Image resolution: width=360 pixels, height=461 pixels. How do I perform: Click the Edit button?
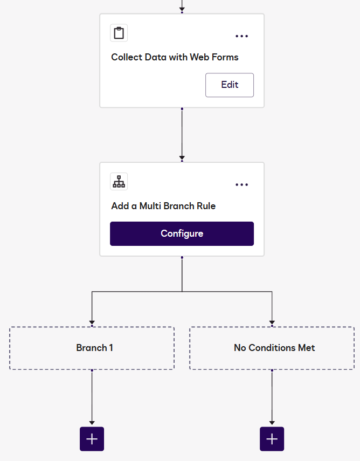230,85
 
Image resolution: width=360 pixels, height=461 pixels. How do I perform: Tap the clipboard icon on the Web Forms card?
119,33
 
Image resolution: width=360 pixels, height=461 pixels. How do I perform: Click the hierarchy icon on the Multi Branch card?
119,182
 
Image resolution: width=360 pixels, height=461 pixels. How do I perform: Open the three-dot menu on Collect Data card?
241,36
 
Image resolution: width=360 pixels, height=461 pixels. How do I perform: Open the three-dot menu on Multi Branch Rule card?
241,184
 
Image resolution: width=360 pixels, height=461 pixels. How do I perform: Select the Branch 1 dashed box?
92,348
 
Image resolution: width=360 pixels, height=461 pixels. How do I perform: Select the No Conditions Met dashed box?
272,348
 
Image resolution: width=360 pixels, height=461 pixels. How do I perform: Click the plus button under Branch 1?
92,439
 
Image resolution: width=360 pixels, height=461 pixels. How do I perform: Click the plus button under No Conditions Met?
272,439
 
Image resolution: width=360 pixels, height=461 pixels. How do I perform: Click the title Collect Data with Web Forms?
175,57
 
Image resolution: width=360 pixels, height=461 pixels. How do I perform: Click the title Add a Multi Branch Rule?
163,205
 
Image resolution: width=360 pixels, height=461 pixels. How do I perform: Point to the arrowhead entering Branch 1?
92,321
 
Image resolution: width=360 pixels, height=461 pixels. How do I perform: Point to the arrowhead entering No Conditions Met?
272,321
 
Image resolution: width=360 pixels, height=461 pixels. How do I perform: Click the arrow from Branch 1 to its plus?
92,396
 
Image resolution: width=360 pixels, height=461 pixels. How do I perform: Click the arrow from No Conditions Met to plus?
272,396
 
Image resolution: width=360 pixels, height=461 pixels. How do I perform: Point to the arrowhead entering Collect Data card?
182,8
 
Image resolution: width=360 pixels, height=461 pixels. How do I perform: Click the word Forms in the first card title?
225,57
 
